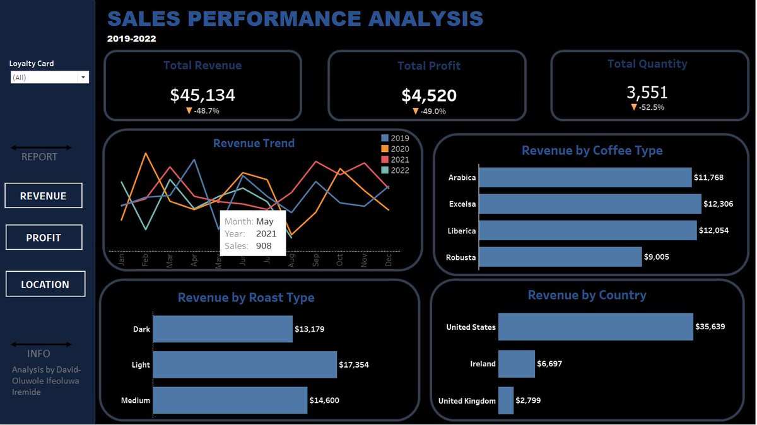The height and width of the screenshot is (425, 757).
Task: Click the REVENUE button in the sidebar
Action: tap(43, 196)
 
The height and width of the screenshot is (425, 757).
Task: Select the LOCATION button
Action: tap(45, 284)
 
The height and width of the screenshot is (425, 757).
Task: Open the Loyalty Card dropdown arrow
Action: tap(83, 78)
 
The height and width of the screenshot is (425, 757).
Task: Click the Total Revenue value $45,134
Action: tap(202, 95)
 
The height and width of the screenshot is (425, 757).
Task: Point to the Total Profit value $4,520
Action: tap(429, 96)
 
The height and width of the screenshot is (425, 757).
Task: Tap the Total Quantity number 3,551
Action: tap(647, 93)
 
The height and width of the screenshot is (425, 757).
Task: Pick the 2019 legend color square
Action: tap(385, 138)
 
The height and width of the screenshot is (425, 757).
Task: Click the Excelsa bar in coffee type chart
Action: tap(590, 204)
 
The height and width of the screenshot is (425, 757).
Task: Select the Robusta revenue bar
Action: tap(560, 257)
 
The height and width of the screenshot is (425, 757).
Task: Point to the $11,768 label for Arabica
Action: tap(708, 178)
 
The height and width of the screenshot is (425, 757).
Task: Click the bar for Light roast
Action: tap(245, 364)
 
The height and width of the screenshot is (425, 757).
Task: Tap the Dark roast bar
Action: tap(223, 329)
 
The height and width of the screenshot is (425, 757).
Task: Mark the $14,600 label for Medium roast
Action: tap(324, 400)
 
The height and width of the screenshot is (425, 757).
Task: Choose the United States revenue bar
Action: tap(596, 327)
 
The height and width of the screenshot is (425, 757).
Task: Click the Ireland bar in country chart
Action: tap(516, 364)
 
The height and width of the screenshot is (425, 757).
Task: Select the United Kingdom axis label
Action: tap(467, 401)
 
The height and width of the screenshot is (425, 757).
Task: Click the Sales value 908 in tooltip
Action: tap(264, 246)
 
